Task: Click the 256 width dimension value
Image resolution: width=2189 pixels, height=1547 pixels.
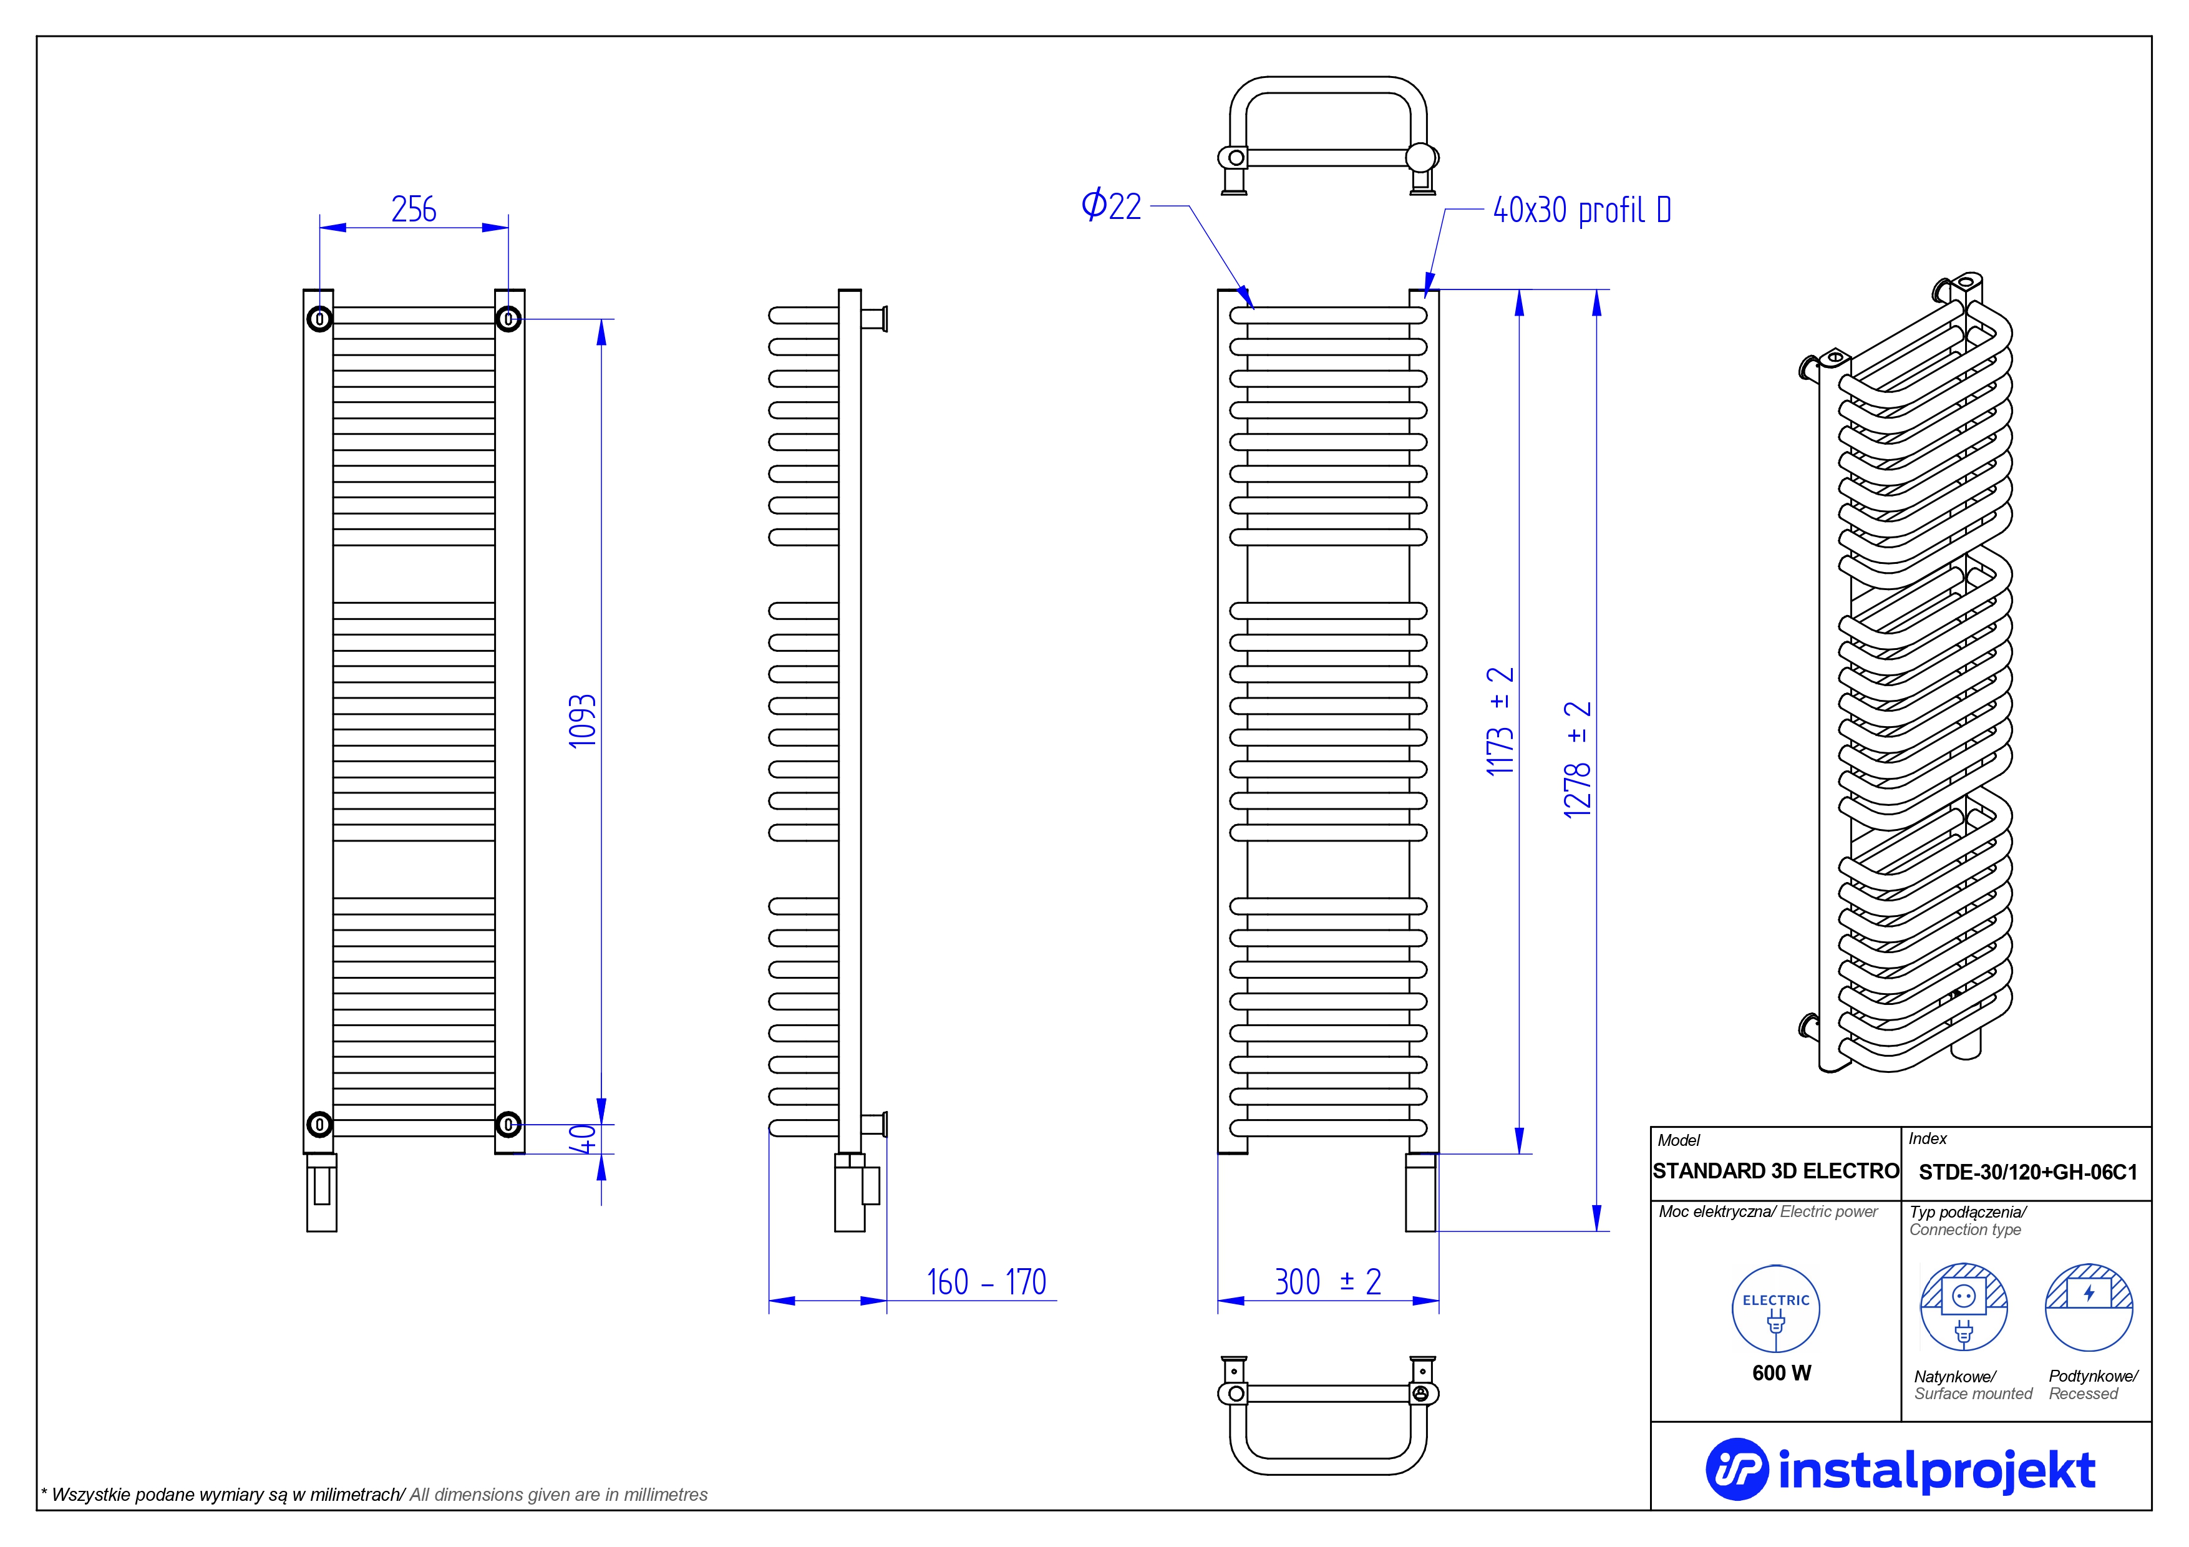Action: [414, 209]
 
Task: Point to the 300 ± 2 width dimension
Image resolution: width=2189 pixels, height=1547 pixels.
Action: [1327, 1282]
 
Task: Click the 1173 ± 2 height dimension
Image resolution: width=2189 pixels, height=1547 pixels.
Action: [1500, 722]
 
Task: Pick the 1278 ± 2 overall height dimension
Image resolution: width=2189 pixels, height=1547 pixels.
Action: [1578, 760]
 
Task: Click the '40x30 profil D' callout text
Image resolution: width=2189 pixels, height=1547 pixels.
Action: [1581, 211]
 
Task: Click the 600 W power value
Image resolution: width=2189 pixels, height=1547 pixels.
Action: [1781, 1372]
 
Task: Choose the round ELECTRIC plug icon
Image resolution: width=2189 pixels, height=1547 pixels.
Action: [1775, 1309]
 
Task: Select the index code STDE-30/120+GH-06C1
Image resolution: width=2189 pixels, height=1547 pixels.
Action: [2027, 1172]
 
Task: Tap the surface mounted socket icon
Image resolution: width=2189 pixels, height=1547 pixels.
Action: [1963, 1307]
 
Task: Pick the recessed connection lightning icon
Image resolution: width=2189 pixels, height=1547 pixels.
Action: [2089, 1307]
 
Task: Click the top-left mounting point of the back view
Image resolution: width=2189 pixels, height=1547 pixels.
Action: [319, 318]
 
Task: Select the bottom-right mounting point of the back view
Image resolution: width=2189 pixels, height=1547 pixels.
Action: [508, 1125]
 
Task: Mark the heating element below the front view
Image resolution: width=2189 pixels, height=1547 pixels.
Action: [1420, 1193]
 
